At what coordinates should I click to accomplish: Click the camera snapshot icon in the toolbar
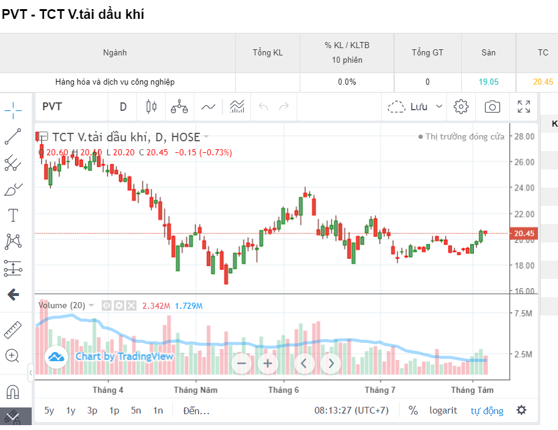coord(492,107)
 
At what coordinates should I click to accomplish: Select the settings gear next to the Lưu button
coord(461,107)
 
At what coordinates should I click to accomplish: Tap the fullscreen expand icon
coord(523,107)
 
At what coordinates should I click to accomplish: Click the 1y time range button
coord(71,411)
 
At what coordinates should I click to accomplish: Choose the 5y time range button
coord(49,411)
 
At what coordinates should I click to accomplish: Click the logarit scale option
coord(443,411)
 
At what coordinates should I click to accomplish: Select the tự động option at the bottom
coord(487,411)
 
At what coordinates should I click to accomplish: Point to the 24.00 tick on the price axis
coord(524,188)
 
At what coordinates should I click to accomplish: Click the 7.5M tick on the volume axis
coord(524,313)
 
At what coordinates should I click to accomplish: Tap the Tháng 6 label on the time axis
coord(283,390)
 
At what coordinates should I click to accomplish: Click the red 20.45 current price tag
coord(524,233)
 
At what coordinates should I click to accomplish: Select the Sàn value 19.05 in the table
coord(488,82)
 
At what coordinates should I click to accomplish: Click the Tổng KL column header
coord(267,53)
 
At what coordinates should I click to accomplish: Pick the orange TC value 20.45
coord(543,82)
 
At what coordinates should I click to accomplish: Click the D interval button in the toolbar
coord(123,107)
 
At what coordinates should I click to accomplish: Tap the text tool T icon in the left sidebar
coord(13,215)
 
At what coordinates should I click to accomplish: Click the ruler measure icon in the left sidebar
coord(13,330)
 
